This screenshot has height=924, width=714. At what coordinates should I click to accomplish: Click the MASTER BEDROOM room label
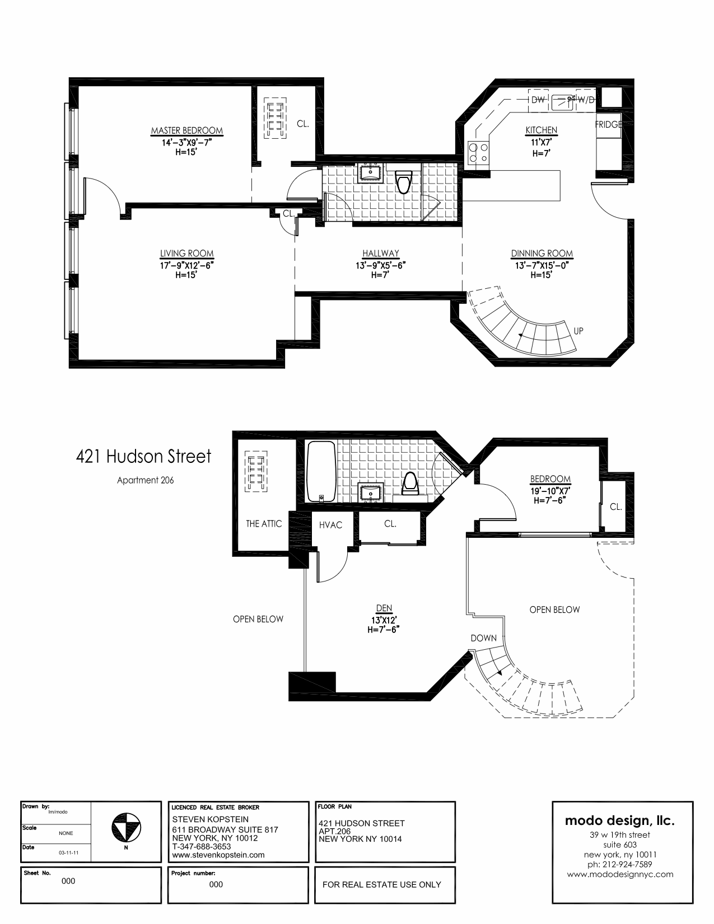click(x=186, y=131)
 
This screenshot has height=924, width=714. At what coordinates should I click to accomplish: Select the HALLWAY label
click(x=380, y=254)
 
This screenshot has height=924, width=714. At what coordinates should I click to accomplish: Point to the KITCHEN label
click(x=541, y=130)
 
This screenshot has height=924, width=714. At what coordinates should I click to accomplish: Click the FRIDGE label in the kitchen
click(x=608, y=124)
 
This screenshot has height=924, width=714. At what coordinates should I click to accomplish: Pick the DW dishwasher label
click(x=538, y=100)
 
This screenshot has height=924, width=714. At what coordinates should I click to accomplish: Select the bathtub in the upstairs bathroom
click(x=321, y=471)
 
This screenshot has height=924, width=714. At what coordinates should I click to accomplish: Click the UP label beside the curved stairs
click(x=578, y=331)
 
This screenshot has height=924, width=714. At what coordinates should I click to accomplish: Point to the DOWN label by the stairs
click(x=483, y=638)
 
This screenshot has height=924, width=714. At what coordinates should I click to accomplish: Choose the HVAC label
click(x=330, y=525)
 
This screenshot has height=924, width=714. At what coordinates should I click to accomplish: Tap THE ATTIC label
click(x=264, y=524)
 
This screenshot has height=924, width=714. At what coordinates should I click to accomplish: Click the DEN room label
click(x=384, y=608)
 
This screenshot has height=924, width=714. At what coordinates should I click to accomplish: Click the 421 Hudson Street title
click(x=144, y=456)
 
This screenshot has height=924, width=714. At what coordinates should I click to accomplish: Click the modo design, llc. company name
click(x=619, y=821)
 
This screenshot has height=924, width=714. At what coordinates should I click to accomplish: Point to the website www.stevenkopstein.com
click(x=218, y=855)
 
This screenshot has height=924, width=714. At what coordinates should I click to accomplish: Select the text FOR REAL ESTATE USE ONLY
click(x=382, y=885)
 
